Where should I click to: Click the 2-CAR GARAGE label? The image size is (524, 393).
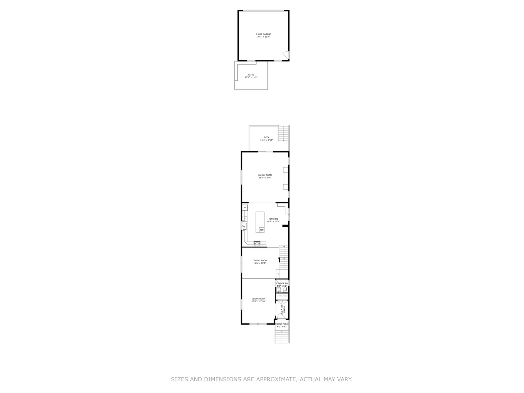click(x=263, y=34)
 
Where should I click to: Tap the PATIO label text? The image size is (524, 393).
click(x=251, y=75)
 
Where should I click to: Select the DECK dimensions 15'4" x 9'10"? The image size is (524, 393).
click(x=266, y=140)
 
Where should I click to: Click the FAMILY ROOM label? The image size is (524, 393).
click(x=265, y=175)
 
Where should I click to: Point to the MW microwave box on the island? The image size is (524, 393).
click(x=261, y=230)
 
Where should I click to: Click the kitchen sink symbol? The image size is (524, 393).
click(x=244, y=226)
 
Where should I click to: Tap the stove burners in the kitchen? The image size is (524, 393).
click(x=257, y=243)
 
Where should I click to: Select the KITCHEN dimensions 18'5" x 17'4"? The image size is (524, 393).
click(x=273, y=222)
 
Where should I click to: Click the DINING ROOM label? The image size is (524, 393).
click(x=260, y=261)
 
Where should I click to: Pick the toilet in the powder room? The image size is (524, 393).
click(x=285, y=290)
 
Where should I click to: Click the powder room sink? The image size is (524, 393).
click(x=278, y=290)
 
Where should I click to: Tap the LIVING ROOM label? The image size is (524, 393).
click(x=258, y=299)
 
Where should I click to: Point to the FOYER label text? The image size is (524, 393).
click(x=285, y=310)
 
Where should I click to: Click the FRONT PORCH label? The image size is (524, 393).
click(x=282, y=324)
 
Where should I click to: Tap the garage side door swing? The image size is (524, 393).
click(x=286, y=55)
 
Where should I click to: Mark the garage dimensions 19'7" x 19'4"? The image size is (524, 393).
click(x=263, y=37)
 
